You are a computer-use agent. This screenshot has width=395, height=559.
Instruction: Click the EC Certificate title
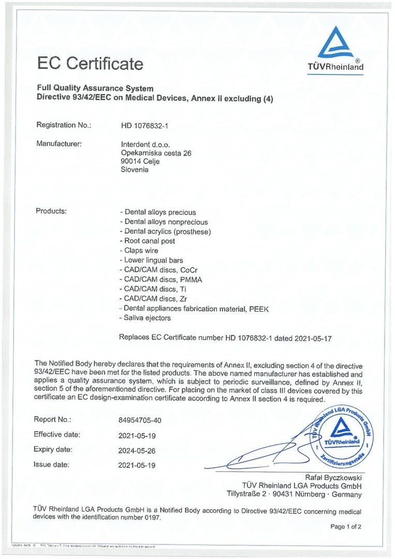click(90, 64)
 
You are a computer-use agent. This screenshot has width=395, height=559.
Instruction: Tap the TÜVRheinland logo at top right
click(335, 49)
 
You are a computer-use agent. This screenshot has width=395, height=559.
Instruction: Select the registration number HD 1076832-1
click(144, 125)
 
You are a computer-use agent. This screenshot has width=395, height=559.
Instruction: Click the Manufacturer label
click(59, 143)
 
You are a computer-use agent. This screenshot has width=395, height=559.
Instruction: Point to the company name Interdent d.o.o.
click(145, 144)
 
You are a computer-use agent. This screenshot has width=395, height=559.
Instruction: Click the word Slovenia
click(134, 169)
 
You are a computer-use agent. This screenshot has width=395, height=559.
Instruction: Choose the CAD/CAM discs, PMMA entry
click(156, 279)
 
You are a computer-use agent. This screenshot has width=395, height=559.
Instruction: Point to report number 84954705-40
click(143, 420)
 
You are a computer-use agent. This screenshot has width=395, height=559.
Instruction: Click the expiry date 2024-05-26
click(137, 450)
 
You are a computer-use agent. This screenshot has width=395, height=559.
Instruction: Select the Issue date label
click(51, 465)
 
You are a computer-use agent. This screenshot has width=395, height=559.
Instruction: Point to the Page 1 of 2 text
click(346, 526)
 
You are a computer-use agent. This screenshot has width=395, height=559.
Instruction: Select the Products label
click(51, 211)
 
